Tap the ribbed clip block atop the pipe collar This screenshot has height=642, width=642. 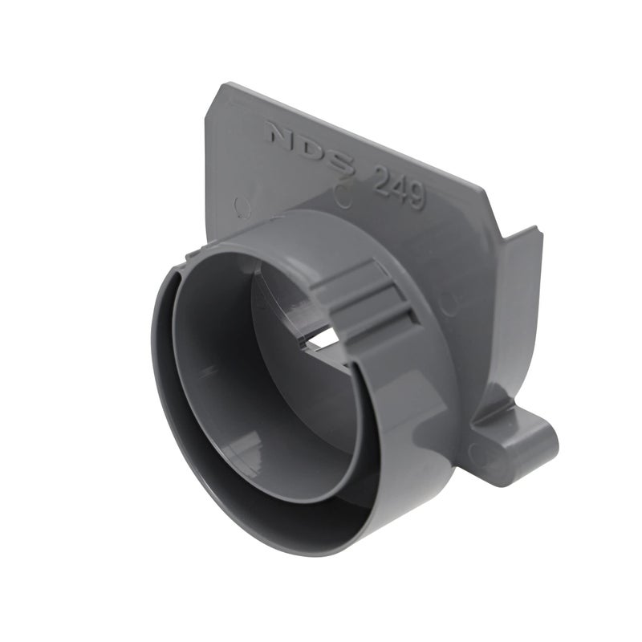pyautogui.click(x=369, y=297)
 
